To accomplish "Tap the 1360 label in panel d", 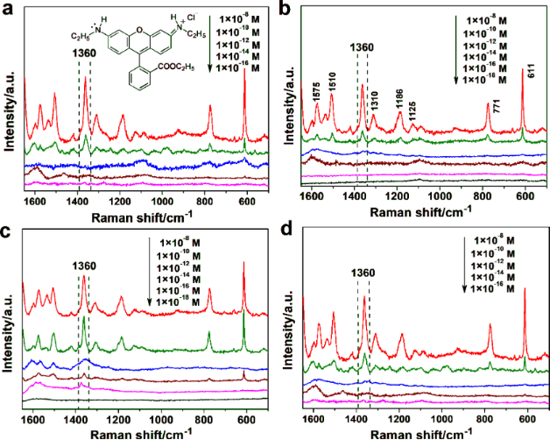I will [363, 273].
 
